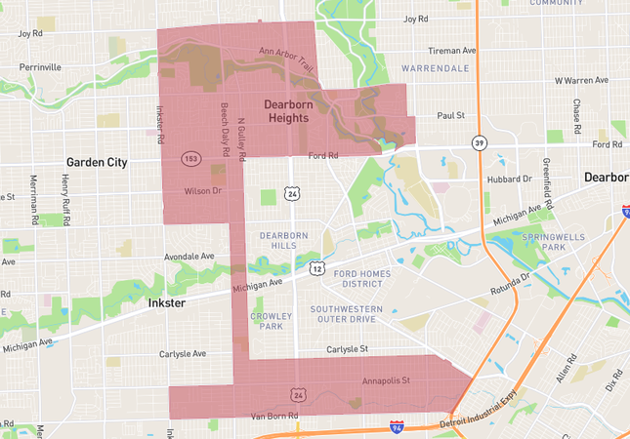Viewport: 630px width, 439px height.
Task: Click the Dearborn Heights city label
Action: pos(286,110)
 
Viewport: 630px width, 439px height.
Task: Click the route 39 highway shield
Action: pos(477,142)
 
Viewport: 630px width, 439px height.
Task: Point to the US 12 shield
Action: pos(316,267)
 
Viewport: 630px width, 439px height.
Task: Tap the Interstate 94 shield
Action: pos(396,427)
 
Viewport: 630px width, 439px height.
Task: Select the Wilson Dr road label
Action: pos(203,192)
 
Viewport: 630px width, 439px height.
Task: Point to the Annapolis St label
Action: pos(386,379)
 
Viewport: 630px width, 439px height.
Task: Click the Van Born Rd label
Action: pos(274,416)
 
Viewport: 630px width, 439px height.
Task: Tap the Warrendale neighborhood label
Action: pos(434,68)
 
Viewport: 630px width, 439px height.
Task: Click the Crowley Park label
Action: pos(272,321)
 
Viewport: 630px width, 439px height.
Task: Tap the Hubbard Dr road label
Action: pos(509,180)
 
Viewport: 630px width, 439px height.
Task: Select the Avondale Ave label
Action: pos(189,258)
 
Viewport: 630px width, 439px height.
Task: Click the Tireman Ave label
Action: pos(451,50)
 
